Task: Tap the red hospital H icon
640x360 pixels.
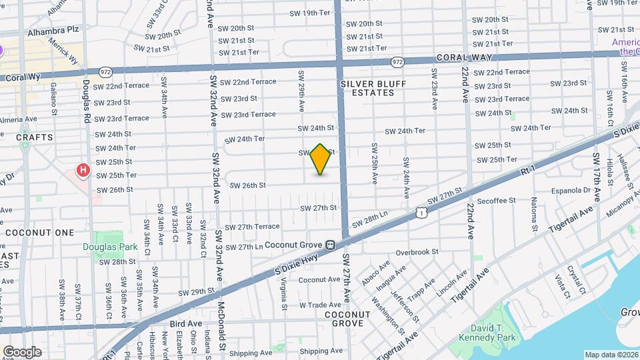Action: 83,171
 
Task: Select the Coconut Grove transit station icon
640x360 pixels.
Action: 330,245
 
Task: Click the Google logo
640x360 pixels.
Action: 22,352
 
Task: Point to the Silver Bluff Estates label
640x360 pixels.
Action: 368,88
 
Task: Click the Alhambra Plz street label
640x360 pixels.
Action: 53,31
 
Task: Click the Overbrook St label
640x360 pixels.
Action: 417,252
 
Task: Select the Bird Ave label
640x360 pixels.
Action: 185,323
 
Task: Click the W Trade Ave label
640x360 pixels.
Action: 320,305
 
